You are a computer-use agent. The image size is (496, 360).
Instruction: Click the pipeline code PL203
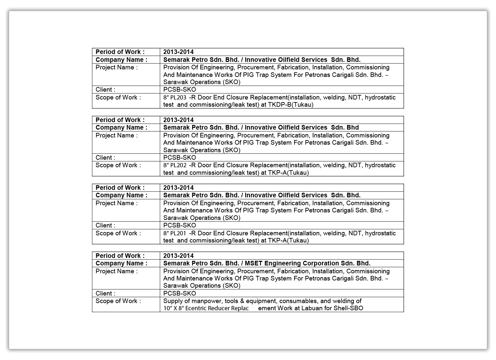pos(178,98)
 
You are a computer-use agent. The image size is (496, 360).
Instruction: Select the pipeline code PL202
pos(178,165)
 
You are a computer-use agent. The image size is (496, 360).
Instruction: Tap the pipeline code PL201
pos(178,233)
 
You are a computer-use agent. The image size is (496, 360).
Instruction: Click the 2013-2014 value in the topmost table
pos(178,52)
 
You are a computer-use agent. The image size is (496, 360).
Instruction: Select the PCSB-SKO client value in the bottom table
pos(180,293)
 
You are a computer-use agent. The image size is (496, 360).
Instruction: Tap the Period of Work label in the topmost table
pos(120,52)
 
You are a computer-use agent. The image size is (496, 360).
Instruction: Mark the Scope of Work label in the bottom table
pos(118,301)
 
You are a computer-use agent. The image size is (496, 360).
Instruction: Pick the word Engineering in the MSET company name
pos(283,263)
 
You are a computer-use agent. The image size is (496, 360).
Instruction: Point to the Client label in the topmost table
pos(105,90)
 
